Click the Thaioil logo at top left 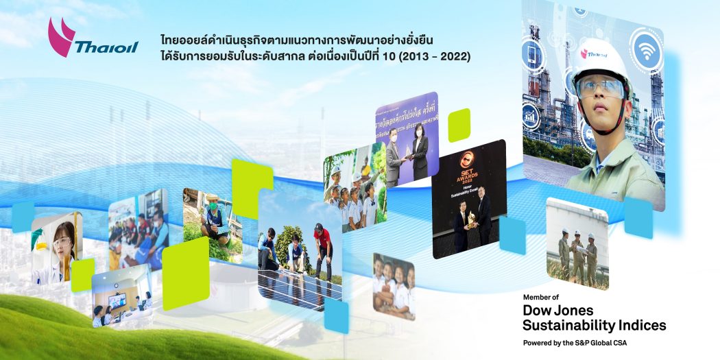[92, 40]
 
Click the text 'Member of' [541, 297]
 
